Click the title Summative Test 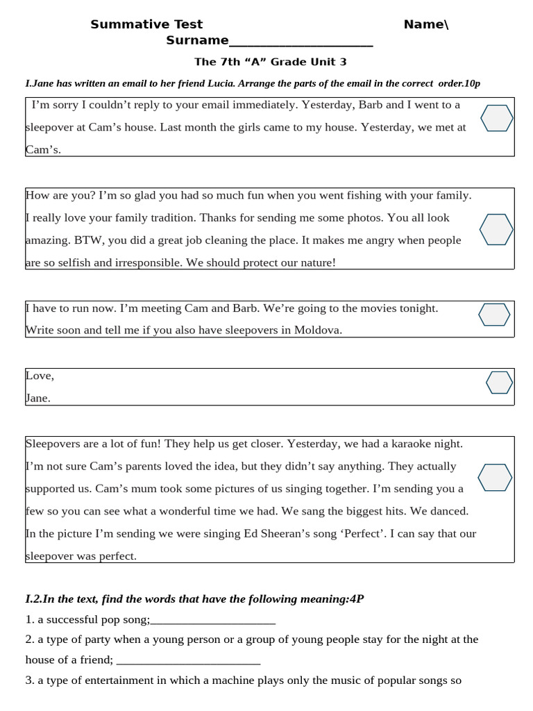pos(146,25)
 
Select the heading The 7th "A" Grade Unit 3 pos(270,62)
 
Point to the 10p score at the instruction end pos(472,83)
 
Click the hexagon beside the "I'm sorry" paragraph pos(497,119)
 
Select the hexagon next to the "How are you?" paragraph pos(497,229)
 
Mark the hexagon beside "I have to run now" pos(494,315)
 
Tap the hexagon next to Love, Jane pos(499,383)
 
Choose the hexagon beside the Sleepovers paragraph pos(496,478)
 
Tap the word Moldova pos(318,331)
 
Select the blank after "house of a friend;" pos(188,660)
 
